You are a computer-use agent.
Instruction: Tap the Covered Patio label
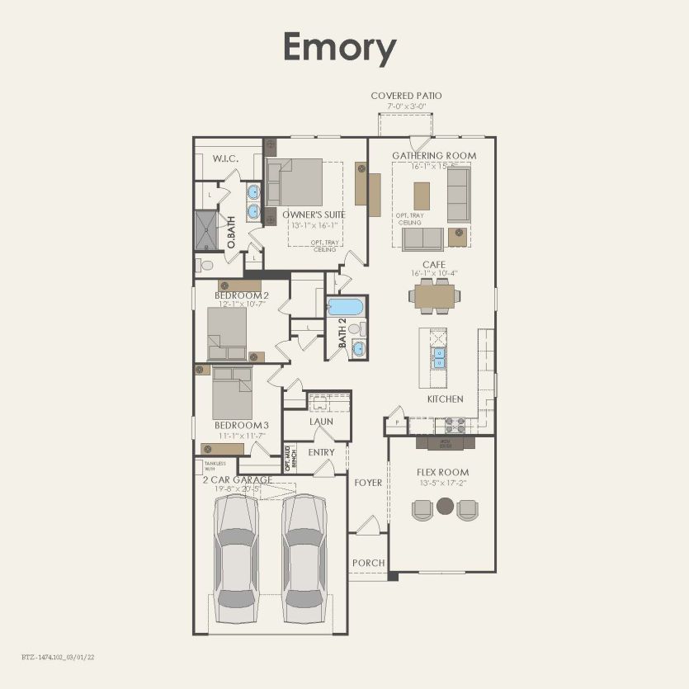[x=406, y=96]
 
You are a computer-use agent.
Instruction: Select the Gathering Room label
[x=433, y=155]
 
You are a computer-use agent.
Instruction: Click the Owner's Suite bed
[x=295, y=182]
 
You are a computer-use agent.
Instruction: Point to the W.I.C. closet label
[x=225, y=158]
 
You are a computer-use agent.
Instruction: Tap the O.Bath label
[x=232, y=233]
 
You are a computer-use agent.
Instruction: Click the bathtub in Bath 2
[x=345, y=308]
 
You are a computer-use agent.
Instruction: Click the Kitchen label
[x=445, y=399]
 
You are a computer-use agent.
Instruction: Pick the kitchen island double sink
[x=439, y=357]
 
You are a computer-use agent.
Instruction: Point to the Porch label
[x=368, y=563]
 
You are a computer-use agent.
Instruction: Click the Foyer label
[x=368, y=483]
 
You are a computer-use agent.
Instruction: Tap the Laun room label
[x=321, y=422]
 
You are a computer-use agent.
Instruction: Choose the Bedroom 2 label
[x=242, y=295]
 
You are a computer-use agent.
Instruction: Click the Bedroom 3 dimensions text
[x=241, y=436]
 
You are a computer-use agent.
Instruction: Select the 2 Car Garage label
[x=238, y=479]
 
